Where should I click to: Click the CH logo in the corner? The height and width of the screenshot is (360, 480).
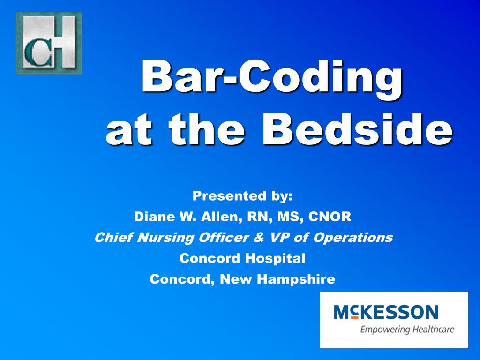pos(49,43)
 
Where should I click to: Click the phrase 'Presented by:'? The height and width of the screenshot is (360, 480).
pos(242,196)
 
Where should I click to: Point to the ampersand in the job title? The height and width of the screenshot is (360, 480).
pos(258,238)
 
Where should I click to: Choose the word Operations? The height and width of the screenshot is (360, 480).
pos(352,238)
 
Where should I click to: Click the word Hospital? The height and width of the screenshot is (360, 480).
pos(277,258)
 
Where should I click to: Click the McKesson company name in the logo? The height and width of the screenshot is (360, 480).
pos(385,312)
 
